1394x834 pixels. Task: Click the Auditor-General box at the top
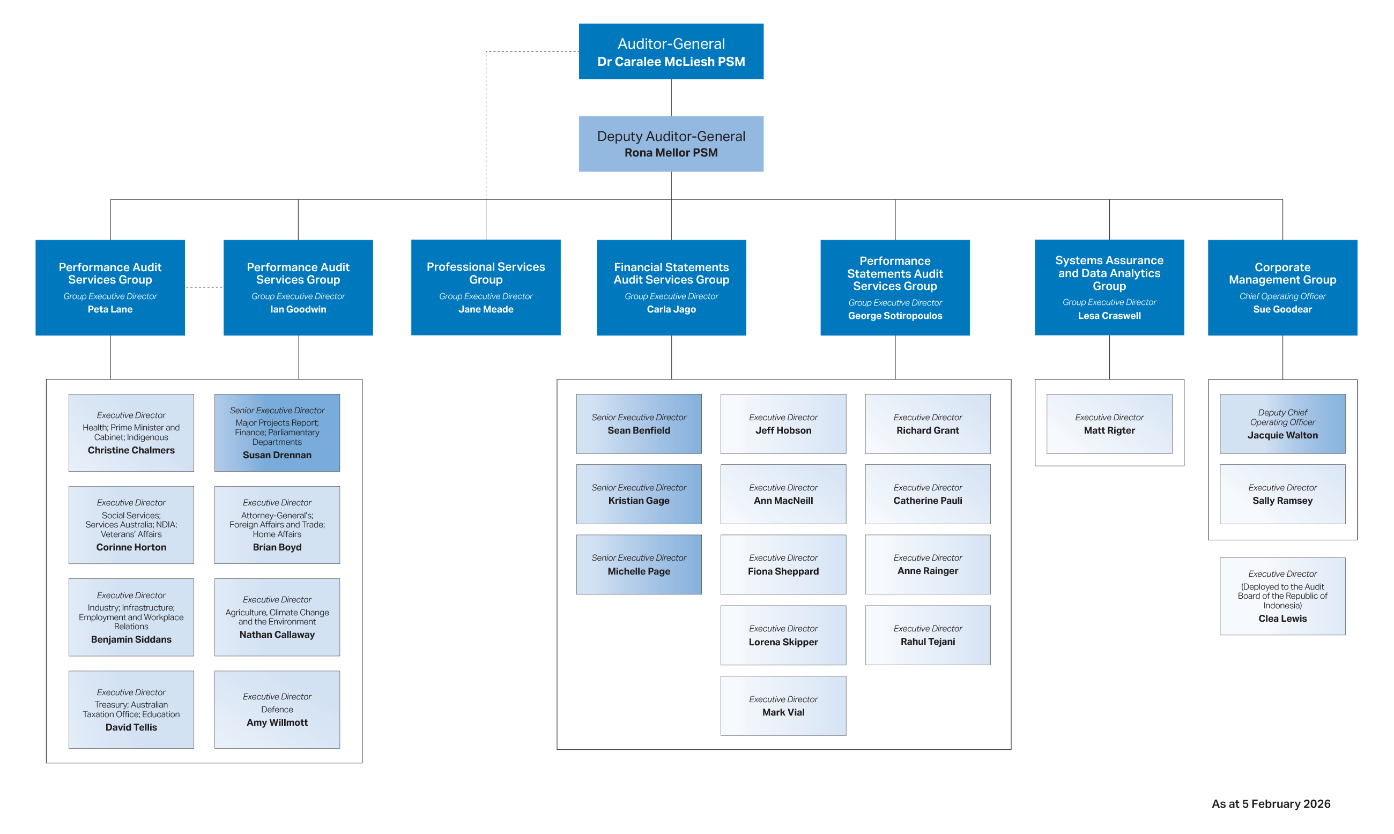click(671, 51)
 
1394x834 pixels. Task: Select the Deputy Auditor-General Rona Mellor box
click(671, 144)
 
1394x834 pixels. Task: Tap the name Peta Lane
click(110, 309)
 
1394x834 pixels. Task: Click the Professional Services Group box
click(486, 287)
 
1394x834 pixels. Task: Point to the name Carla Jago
click(671, 309)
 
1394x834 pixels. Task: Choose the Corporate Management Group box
click(1282, 287)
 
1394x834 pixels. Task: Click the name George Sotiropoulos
click(895, 316)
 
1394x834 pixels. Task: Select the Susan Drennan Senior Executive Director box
click(277, 432)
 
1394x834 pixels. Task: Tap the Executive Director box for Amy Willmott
click(277, 709)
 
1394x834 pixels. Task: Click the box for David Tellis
click(131, 709)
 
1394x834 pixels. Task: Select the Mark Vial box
click(783, 705)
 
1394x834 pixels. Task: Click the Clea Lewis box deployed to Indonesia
click(1282, 595)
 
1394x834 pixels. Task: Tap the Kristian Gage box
click(639, 494)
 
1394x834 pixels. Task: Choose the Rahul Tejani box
click(928, 635)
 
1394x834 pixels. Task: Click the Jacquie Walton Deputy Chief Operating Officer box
click(1282, 424)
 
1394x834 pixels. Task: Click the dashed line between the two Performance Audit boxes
click(204, 287)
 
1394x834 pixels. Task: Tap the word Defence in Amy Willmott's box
click(277, 709)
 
